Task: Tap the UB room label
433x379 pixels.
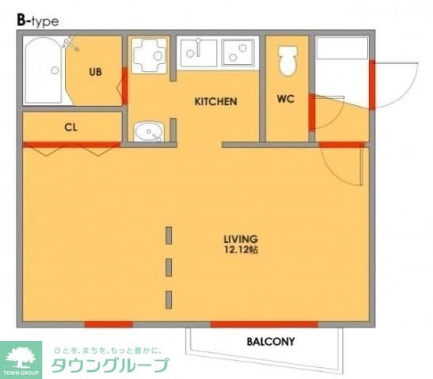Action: (95, 72)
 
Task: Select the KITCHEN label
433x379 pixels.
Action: (216, 102)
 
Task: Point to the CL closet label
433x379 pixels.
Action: (70, 127)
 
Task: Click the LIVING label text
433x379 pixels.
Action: (241, 238)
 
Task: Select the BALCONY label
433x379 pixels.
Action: (270, 343)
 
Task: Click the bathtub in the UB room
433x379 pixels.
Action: (44, 72)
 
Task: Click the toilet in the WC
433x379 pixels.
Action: (287, 60)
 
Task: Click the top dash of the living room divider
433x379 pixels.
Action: (169, 235)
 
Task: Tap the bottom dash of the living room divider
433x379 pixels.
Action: (169, 299)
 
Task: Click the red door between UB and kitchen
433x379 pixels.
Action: (124, 86)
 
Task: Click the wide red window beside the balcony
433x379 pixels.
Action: (264, 324)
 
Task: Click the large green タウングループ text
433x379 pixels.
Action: (110, 365)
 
